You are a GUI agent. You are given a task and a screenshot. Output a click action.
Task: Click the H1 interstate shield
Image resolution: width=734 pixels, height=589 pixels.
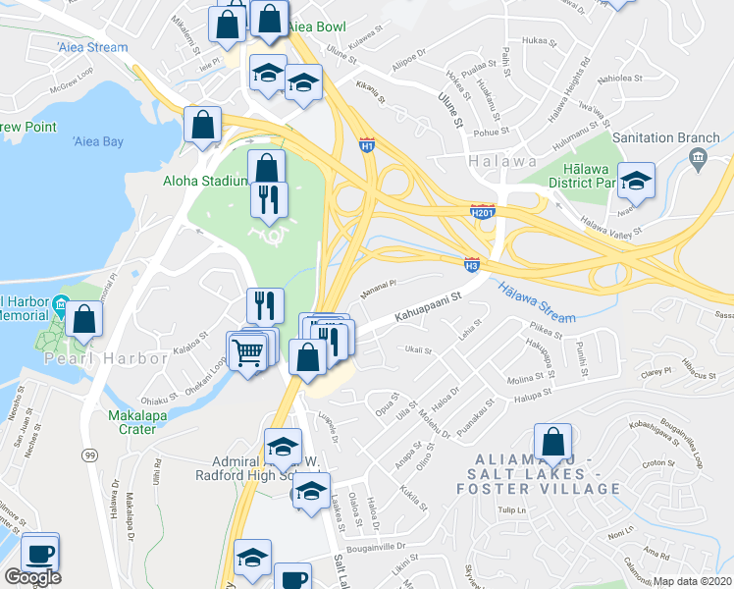click(367, 144)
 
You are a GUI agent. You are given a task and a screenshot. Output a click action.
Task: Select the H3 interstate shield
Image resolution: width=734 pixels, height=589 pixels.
click(471, 263)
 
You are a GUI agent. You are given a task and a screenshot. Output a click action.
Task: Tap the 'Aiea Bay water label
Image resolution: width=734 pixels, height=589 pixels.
click(98, 142)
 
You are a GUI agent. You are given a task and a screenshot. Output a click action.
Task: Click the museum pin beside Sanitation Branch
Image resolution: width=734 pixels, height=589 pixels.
click(698, 157)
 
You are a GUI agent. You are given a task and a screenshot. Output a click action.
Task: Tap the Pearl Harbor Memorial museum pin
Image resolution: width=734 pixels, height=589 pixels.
click(61, 306)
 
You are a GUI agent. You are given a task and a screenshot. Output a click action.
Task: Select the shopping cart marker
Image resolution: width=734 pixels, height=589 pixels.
click(249, 349)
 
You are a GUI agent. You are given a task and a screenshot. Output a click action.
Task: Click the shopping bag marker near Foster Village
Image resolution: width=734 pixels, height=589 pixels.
click(553, 441)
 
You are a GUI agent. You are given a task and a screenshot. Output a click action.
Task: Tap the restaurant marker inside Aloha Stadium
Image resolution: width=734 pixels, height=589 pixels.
click(269, 199)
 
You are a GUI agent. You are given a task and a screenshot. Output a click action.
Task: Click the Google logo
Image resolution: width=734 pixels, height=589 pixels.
click(32, 577)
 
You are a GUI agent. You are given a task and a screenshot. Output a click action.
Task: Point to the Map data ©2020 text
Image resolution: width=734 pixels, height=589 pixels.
click(693, 581)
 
